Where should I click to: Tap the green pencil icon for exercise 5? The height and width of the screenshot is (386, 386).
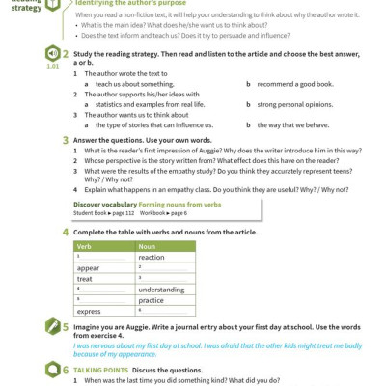coord(52,327)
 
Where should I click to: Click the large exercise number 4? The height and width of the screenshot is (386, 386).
coord(65,232)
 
